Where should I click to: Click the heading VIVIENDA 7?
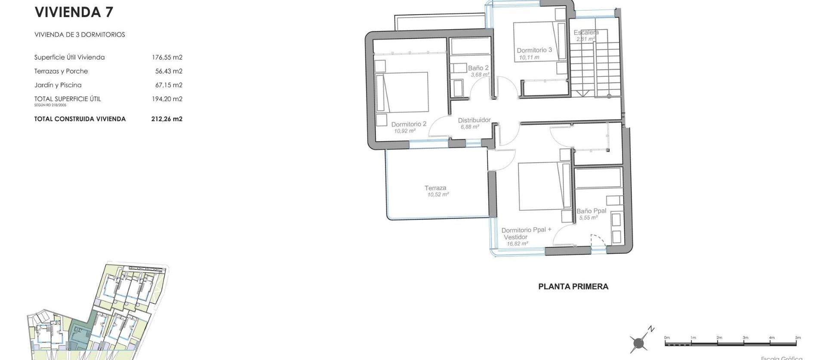pyautogui.click(x=74, y=12)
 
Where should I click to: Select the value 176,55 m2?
pyautogui.click(x=167, y=57)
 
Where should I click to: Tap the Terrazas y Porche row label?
pyautogui.click(x=61, y=71)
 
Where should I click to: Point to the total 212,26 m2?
pyautogui.click(x=166, y=119)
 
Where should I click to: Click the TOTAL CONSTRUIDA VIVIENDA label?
pyautogui.click(x=80, y=119)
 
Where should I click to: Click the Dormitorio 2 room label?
pyautogui.click(x=408, y=124)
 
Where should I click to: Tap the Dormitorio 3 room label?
pyautogui.click(x=534, y=50)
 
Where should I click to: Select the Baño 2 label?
pyautogui.click(x=478, y=68)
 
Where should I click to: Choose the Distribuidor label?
pyautogui.click(x=474, y=120)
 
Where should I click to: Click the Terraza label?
pyautogui.click(x=435, y=188)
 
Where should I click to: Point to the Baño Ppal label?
pyautogui.click(x=591, y=211)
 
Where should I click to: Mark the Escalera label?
pyautogui.click(x=586, y=32)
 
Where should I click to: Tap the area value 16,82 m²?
pyautogui.click(x=517, y=243)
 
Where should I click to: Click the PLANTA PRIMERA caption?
pyautogui.click(x=573, y=286)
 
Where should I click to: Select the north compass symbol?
pyautogui.click(x=639, y=342)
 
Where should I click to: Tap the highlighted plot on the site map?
pyautogui.click(x=80, y=334)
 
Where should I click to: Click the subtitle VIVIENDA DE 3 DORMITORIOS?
pyautogui.click(x=80, y=34)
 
